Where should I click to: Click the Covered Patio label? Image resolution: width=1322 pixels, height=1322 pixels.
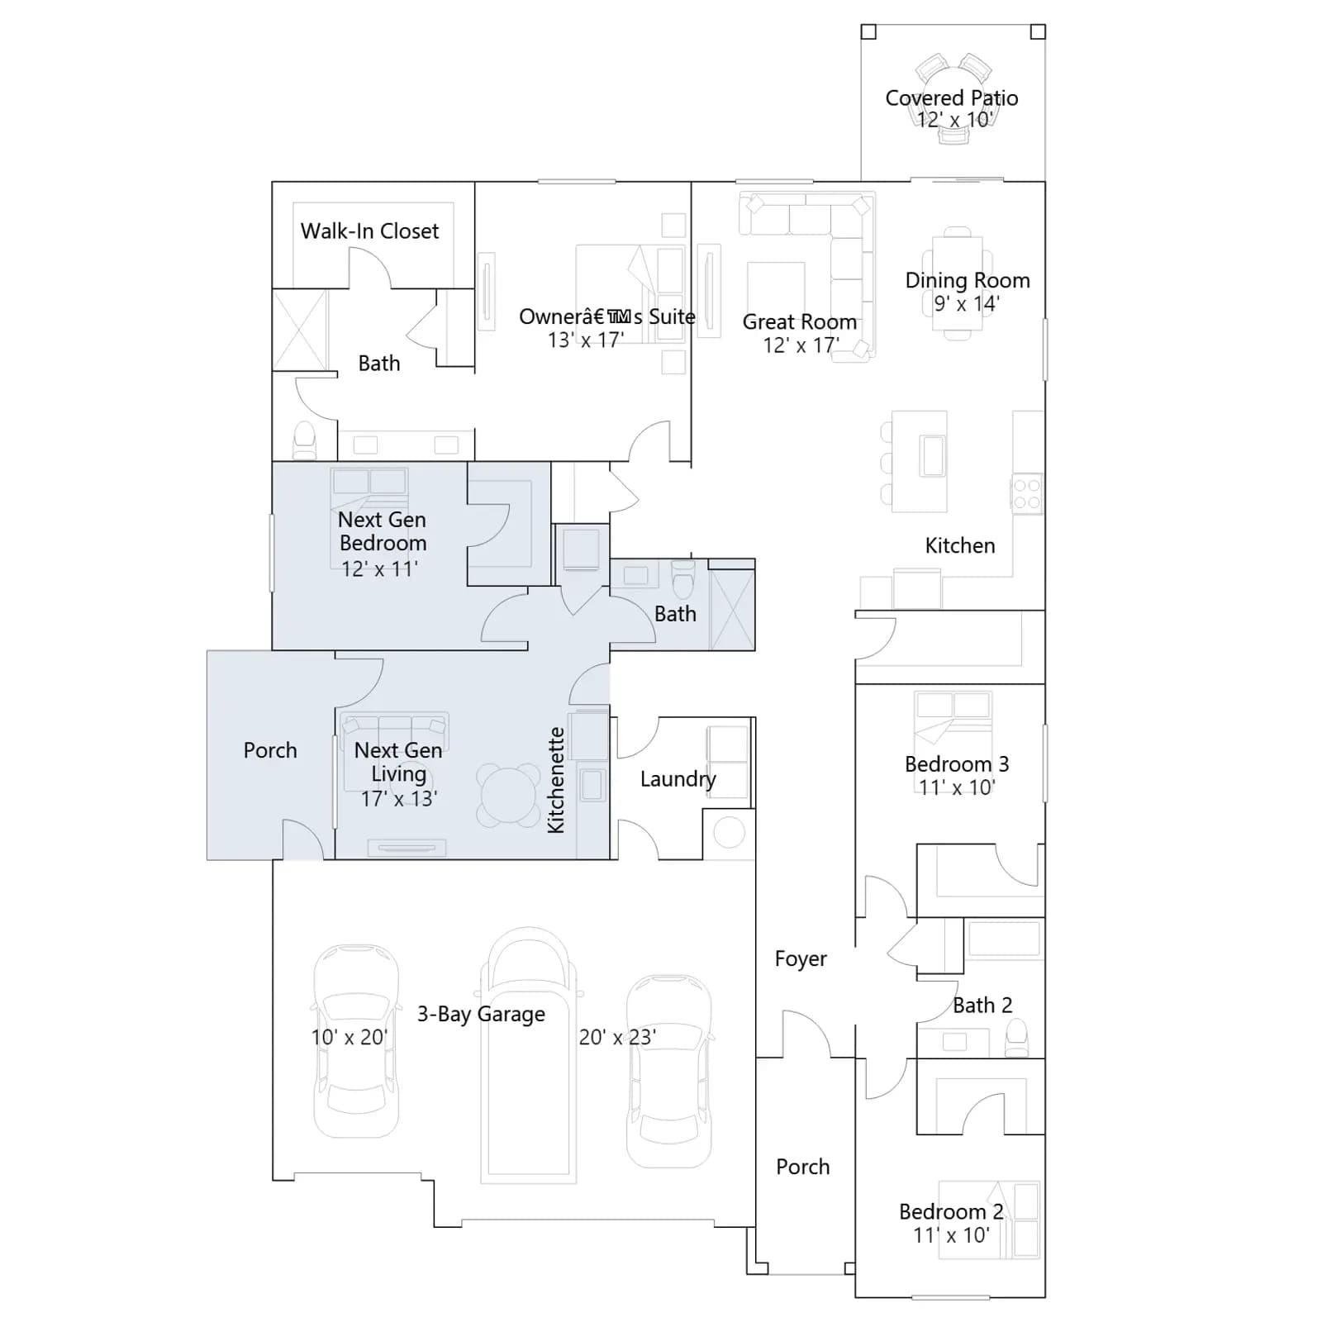(951, 98)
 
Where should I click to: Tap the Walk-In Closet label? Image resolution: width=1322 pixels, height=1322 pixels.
(369, 231)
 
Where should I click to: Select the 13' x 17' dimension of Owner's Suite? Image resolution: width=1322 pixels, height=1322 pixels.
(585, 340)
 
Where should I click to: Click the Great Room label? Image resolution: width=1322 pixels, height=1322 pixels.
(799, 322)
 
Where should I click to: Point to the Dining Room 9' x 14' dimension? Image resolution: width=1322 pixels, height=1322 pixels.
(967, 304)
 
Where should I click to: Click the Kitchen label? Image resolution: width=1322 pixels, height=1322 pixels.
(960, 545)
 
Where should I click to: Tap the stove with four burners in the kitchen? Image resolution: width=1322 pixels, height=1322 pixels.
(1027, 493)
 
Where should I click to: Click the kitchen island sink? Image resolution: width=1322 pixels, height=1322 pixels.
(933, 456)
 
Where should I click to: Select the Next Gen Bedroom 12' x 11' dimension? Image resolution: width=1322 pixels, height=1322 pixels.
(379, 569)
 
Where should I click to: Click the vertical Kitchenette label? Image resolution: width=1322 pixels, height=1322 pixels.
(556, 780)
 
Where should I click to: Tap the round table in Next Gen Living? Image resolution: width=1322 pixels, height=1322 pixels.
(508, 795)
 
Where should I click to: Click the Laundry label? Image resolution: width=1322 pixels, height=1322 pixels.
(678, 779)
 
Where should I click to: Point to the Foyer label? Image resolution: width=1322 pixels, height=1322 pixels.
(801, 959)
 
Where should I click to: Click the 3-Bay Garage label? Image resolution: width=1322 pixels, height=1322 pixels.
(481, 1014)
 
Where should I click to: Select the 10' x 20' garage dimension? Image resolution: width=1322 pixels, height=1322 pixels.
(349, 1038)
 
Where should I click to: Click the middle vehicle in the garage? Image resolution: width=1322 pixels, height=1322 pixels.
(529, 1055)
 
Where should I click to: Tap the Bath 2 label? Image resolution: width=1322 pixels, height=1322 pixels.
(982, 1006)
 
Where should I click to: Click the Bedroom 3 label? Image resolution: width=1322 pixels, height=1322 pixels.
(957, 764)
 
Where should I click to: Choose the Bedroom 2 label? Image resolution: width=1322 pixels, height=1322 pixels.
(951, 1212)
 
